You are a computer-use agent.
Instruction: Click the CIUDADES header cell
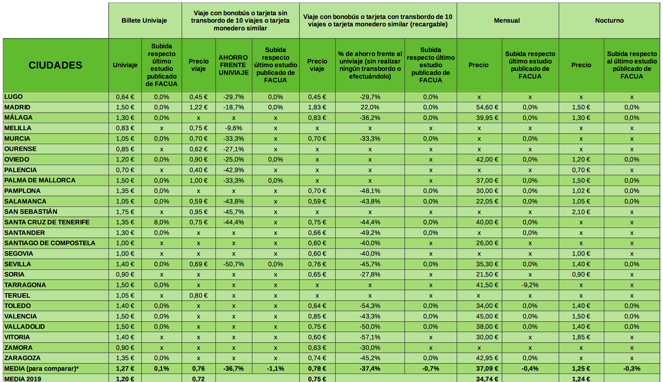pyautogui.click(x=55, y=65)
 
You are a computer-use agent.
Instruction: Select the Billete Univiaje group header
pyautogui.click(x=144, y=21)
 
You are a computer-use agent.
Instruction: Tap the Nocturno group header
pyautogui.click(x=609, y=21)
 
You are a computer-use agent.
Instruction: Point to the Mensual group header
pyautogui.click(x=507, y=21)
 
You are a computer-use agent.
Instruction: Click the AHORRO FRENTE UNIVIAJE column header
pyautogui.click(x=233, y=65)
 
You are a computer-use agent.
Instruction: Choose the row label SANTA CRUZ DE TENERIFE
pyautogui.click(x=47, y=222)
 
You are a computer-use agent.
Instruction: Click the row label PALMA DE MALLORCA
pyautogui.click(x=40, y=180)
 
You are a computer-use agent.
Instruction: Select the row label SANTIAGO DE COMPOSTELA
pyautogui.click(x=50, y=243)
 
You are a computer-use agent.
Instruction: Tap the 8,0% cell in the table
pyautogui.click(x=162, y=222)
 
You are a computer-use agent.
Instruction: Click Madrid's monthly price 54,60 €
pyautogui.click(x=487, y=107)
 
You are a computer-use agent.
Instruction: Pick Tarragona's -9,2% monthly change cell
pyautogui.click(x=530, y=285)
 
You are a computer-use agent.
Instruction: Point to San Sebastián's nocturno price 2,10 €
pyautogui.click(x=581, y=212)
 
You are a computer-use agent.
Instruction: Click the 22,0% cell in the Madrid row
pyautogui.click(x=370, y=107)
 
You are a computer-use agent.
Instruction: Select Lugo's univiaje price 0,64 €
pyautogui.click(x=125, y=97)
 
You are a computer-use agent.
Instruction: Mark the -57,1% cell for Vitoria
pyautogui.click(x=370, y=337)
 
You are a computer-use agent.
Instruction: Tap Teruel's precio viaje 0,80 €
pyautogui.click(x=198, y=296)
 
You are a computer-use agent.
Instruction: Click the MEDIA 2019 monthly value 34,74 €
pyautogui.click(x=487, y=379)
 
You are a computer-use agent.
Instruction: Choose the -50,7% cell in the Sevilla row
pyautogui.click(x=233, y=264)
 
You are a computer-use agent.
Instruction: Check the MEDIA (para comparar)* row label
pyautogui.click(x=41, y=369)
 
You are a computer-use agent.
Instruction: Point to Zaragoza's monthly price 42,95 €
pyautogui.click(x=487, y=358)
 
